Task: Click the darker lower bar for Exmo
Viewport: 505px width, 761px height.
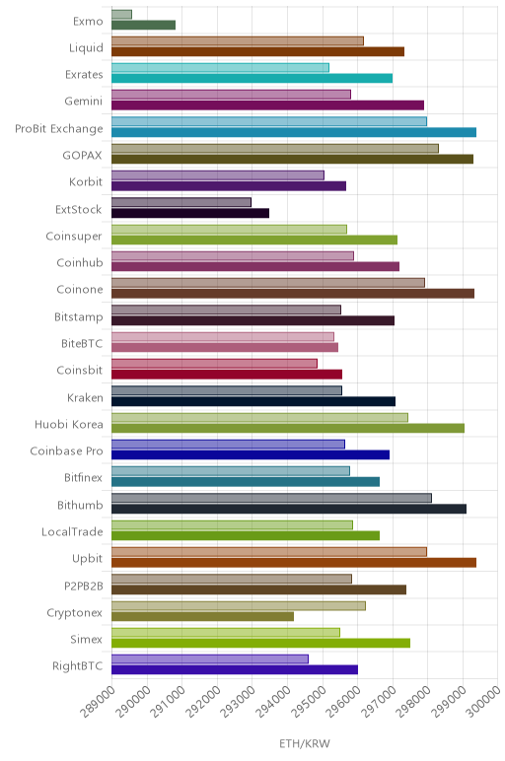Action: click(143, 26)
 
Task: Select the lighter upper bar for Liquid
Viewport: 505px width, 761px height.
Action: click(238, 41)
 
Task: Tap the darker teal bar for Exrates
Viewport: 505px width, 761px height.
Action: click(252, 78)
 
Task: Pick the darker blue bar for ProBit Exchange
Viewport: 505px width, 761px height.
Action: click(294, 132)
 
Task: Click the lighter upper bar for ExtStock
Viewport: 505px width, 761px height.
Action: click(181, 202)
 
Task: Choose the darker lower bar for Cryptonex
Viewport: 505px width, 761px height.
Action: click(202, 616)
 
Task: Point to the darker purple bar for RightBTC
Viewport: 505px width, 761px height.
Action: click(235, 669)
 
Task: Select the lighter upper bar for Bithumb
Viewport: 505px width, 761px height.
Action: click(271, 498)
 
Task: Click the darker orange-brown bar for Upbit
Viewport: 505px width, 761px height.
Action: click(294, 563)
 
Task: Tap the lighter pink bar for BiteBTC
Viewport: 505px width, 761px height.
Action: click(223, 337)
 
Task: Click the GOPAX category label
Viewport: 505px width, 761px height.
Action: click(83, 156)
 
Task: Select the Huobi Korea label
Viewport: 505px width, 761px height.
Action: click(69, 425)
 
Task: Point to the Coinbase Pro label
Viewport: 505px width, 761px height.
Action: click(66, 451)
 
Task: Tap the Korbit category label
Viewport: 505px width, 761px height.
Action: click(86, 182)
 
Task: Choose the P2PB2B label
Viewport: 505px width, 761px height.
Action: click(84, 587)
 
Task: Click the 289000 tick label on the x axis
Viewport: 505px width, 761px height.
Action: click(99, 702)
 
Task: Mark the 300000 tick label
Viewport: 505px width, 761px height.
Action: click(483, 702)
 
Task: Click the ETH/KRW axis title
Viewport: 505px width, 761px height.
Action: click(305, 744)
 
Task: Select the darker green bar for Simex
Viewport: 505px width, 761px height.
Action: click(260, 643)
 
